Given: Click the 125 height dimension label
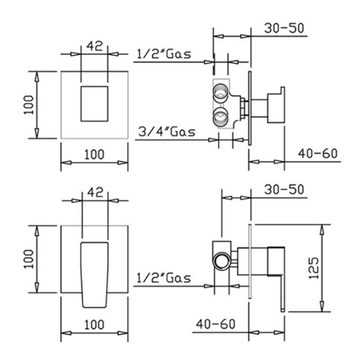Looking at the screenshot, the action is tap(314, 268).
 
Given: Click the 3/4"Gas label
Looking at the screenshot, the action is tap(167, 132).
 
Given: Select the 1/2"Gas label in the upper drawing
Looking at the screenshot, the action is tap(164, 54).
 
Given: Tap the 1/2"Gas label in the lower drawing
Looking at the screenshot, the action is tap(164, 278).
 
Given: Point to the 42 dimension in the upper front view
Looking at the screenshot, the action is tap(94, 46).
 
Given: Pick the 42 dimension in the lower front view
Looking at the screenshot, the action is tap(96, 192).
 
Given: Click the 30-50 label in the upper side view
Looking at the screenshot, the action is tap(284, 28).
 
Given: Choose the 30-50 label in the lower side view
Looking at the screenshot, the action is tap(284, 189).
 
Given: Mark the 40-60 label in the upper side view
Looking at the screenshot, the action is tap(317, 153).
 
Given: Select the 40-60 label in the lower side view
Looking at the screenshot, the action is tap(215, 324).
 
